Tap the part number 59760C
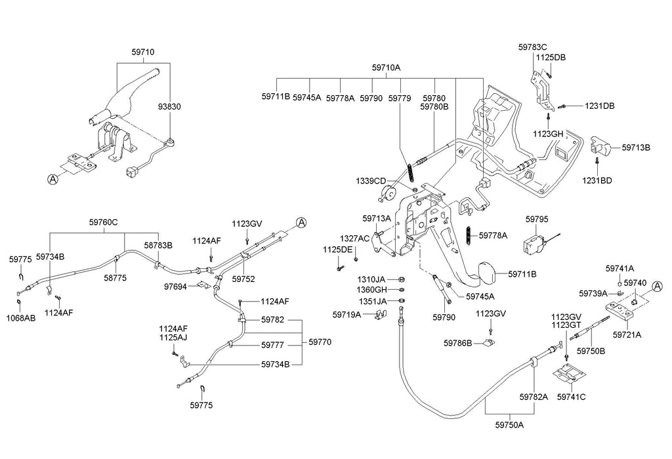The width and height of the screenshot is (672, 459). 104,222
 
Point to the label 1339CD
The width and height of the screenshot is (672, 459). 371,180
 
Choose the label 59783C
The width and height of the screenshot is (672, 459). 532,47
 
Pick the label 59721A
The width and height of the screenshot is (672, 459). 627,334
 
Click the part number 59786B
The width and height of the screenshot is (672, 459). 457,342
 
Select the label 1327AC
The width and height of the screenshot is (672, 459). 354,238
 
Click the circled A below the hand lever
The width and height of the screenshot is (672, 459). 52,177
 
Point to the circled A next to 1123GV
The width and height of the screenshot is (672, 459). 301,222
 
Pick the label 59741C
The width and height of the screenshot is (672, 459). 571,397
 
